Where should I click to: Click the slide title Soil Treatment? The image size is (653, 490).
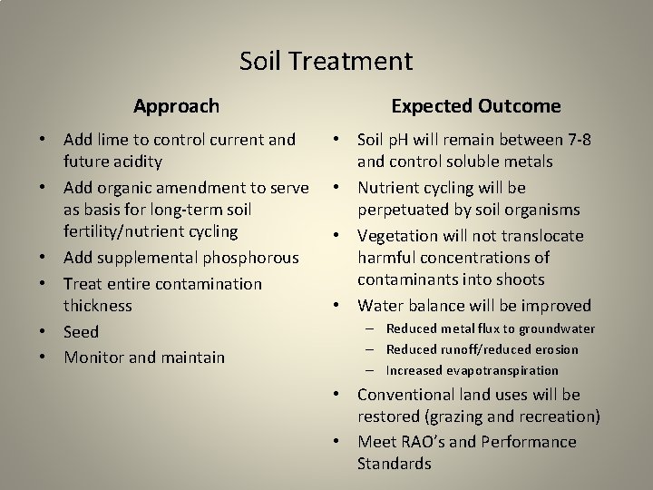click(326, 62)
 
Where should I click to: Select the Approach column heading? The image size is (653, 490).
click(176, 106)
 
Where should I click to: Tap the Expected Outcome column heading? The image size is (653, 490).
click(475, 106)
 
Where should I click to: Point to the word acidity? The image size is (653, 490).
click(135, 162)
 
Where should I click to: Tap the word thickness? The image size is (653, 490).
click(98, 306)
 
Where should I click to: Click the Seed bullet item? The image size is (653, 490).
click(81, 332)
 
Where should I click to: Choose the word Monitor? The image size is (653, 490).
click(94, 358)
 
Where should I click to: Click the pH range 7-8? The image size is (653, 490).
click(579, 141)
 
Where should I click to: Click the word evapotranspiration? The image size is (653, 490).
click(499, 370)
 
